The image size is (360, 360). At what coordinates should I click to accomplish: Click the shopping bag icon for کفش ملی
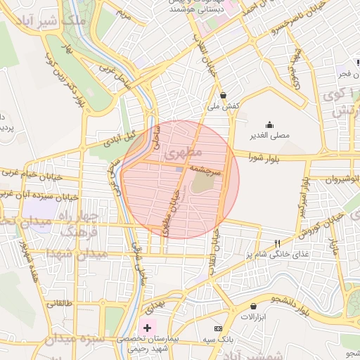[x=224, y=95]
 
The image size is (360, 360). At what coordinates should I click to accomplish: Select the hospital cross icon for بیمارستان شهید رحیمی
[x=146, y=328]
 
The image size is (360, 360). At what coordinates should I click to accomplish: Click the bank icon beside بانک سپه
[x=217, y=329]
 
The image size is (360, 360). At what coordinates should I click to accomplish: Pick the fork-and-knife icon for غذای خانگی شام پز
[x=286, y=243]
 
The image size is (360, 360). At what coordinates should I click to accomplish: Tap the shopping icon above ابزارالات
[x=253, y=307]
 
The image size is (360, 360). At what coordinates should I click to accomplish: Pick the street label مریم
[x=124, y=12]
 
